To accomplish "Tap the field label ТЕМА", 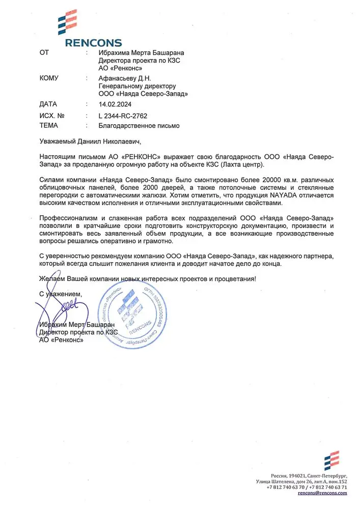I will click(48, 125).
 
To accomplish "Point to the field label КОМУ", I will click(49, 78).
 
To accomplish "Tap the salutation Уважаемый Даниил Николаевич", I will click(88, 140).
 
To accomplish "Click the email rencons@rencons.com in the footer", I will click(322, 493).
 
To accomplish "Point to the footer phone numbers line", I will click(307, 487).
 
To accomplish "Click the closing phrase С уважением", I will click(60, 294).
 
